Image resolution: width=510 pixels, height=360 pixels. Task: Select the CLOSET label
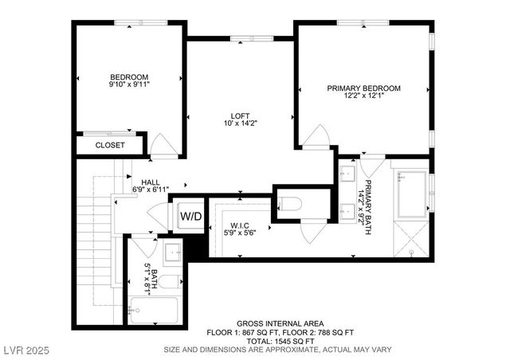point(110,145)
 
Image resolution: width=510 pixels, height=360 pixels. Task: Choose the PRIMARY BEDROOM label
point(363,88)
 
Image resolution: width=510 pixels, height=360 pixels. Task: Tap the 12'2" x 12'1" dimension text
point(363,96)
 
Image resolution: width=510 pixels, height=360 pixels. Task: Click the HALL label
point(151,182)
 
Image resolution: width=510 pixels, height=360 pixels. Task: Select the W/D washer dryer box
point(190,216)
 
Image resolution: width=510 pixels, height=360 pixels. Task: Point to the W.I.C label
point(241,225)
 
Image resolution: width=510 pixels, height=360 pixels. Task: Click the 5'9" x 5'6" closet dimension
point(241,232)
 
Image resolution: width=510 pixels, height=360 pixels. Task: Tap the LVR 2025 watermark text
point(27,349)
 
